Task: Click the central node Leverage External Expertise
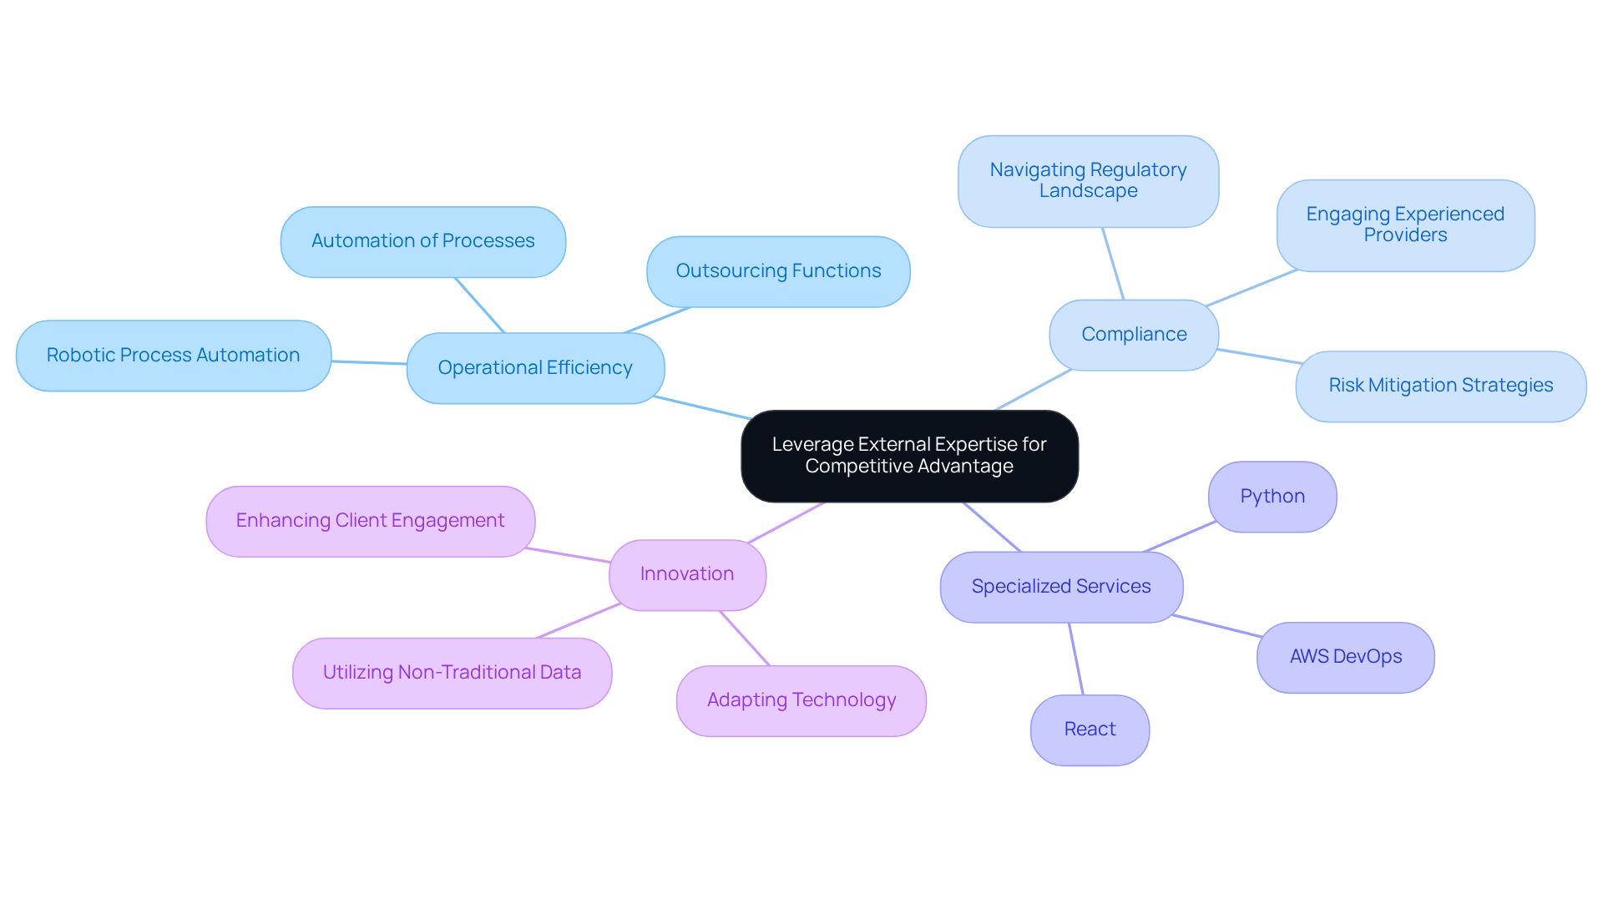909,456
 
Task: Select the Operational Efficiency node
535,368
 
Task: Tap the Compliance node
1134,335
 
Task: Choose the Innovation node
687,574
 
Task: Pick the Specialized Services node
1061,587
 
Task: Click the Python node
1272,497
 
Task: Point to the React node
1090,730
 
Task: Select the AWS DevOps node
1346,657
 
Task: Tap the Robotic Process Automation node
174,356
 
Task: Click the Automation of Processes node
423,241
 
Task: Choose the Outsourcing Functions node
778,271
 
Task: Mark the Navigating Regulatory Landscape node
1088,181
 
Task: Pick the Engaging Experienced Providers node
1405,225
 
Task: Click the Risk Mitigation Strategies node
1440,386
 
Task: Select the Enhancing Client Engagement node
370,521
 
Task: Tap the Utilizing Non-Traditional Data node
452,673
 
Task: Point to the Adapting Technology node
801,700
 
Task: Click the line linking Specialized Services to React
1076,659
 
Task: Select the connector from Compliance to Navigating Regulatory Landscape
1113,264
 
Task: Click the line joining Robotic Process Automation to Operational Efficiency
369,363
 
